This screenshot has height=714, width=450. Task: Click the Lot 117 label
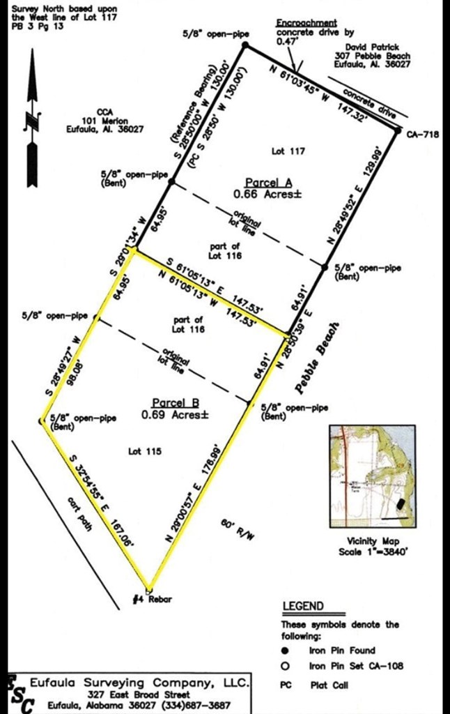coord(288,151)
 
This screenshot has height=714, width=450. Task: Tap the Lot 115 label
coord(145,452)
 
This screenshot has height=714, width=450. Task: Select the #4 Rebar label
coord(152,600)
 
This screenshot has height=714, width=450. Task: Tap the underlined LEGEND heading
coord(302,606)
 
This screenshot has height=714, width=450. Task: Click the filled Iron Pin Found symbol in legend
coord(286,648)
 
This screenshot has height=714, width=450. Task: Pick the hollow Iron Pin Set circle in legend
coord(286,666)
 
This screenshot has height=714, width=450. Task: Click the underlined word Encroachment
coord(307,23)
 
